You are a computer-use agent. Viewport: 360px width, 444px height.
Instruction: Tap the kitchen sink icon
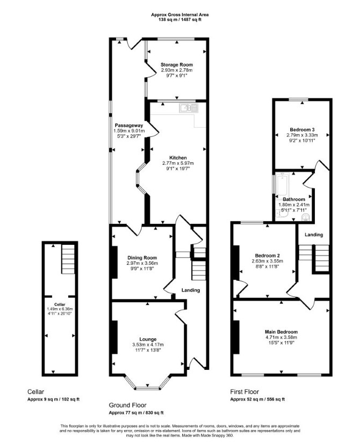[x=188, y=107]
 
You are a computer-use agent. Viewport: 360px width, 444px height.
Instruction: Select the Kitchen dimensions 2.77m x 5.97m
[x=178, y=163]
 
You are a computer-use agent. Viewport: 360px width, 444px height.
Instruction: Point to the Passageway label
[x=129, y=125]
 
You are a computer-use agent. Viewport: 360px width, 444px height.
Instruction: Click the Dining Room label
[x=142, y=258]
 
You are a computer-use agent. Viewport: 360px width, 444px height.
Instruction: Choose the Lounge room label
[x=148, y=339]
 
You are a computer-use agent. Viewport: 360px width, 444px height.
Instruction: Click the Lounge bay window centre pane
[x=147, y=388]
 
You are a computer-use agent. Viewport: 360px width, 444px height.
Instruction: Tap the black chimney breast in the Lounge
[x=115, y=337]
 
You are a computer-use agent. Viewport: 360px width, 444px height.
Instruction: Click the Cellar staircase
[x=68, y=259]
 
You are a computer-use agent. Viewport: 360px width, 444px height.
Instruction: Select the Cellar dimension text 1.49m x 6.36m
[x=60, y=309]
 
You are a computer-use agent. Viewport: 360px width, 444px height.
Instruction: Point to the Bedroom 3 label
[x=302, y=130]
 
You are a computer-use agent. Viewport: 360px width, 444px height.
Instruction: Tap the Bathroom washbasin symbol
[x=306, y=217]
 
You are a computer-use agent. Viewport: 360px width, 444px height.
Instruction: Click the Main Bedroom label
[x=281, y=332]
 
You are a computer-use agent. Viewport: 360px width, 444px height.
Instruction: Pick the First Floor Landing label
[x=314, y=235]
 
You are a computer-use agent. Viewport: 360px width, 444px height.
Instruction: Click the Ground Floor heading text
[x=127, y=405]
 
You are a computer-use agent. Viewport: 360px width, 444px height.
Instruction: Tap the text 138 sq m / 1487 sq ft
[x=180, y=20]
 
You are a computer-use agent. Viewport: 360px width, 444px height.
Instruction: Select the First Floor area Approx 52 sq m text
[x=246, y=399]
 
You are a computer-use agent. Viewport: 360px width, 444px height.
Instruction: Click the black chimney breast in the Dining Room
[x=115, y=262]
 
